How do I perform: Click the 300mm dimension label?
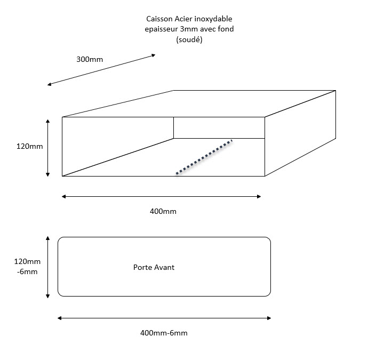(x=90, y=59)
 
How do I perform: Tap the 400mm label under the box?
(x=163, y=211)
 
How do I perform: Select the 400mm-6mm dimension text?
(x=164, y=333)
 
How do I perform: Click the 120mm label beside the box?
(x=29, y=146)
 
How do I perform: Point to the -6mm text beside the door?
(x=27, y=272)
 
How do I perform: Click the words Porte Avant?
(x=154, y=267)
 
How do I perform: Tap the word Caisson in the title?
(x=159, y=19)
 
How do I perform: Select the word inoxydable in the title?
(x=213, y=19)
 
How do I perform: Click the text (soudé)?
(x=189, y=39)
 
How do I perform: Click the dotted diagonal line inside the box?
(x=204, y=157)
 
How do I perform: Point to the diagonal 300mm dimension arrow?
(x=101, y=70)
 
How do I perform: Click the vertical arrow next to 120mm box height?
(x=47, y=148)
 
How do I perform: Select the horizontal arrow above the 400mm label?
(x=161, y=197)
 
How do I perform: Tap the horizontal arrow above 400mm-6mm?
(x=164, y=318)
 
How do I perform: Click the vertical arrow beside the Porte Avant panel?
(x=47, y=267)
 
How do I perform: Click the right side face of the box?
(x=300, y=133)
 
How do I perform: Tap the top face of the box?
(x=199, y=103)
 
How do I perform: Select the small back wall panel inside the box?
(x=219, y=127)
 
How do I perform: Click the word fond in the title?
(x=226, y=29)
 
